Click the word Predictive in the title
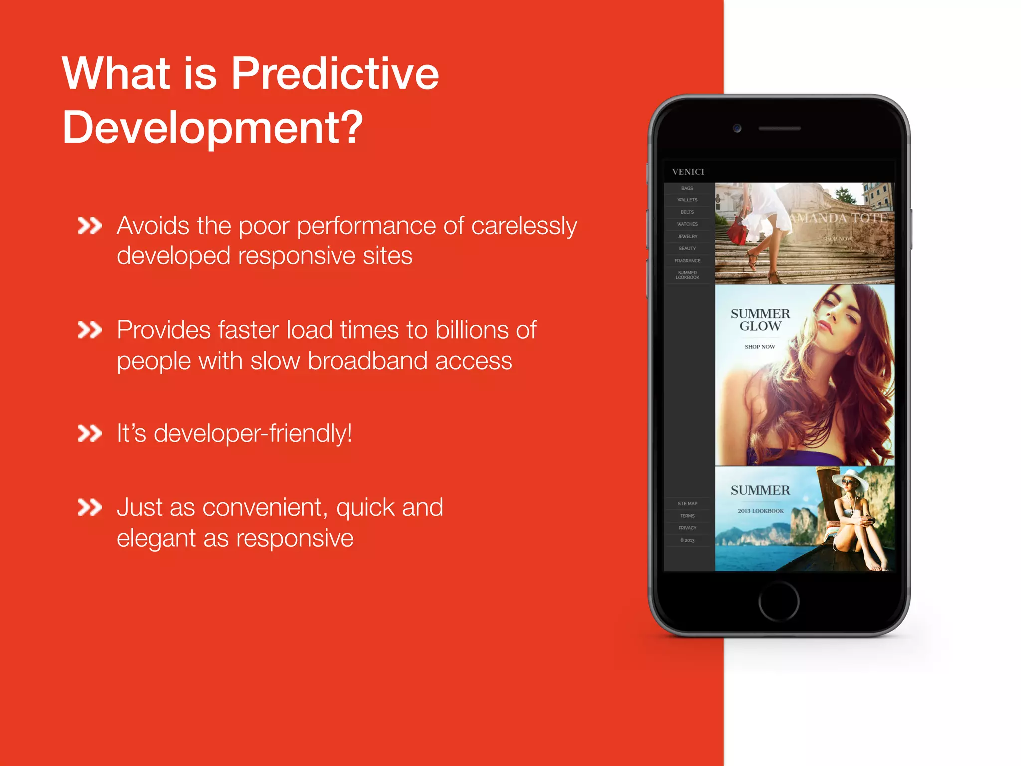[335, 74]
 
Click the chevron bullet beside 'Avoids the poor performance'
[90, 226]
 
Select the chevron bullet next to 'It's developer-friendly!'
[90, 433]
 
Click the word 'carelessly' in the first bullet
[523, 226]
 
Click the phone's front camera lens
[737, 128]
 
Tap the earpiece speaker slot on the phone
[779, 128]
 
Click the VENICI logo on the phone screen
[688, 172]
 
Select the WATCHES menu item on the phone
[687, 224]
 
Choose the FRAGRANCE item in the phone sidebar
[687, 261]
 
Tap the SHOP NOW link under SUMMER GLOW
[760, 347]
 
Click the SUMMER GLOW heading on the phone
[760, 320]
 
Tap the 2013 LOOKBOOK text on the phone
[760, 511]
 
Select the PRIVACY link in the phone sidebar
[687, 528]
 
